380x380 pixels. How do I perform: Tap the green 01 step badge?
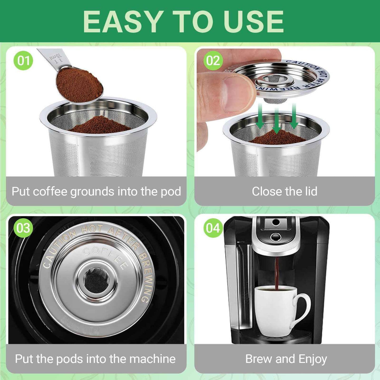23,60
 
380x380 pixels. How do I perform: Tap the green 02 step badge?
213,60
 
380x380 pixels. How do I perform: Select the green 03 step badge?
23,228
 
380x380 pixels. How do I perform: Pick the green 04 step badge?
213,228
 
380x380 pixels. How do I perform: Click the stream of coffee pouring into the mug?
277,273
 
